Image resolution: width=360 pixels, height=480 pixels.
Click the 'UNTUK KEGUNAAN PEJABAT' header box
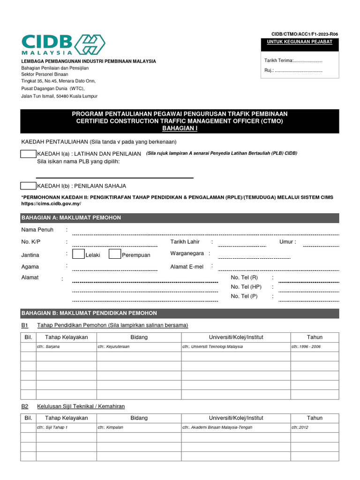(300, 42)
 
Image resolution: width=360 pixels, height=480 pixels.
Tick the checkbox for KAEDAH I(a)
(28, 154)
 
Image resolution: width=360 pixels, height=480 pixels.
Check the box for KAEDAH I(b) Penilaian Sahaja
(28, 186)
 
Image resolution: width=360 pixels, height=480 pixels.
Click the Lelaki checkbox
(78, 255)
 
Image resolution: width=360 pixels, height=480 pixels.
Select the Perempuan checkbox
(115, 255)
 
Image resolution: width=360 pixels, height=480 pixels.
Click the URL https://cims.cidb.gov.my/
(51, 204)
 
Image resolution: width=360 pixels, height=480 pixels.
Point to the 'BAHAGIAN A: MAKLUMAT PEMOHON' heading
(71, 218)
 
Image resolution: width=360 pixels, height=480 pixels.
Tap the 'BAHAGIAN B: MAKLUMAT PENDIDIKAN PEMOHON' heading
(89, 313)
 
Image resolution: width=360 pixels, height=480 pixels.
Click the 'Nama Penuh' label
(37, 230)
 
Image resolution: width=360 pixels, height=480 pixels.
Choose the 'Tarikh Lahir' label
(185, 242)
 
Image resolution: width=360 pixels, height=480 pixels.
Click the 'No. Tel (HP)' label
(246, 287)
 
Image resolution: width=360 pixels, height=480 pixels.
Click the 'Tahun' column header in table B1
(315, 337)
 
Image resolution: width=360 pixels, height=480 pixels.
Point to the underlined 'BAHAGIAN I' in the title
(180, 128)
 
